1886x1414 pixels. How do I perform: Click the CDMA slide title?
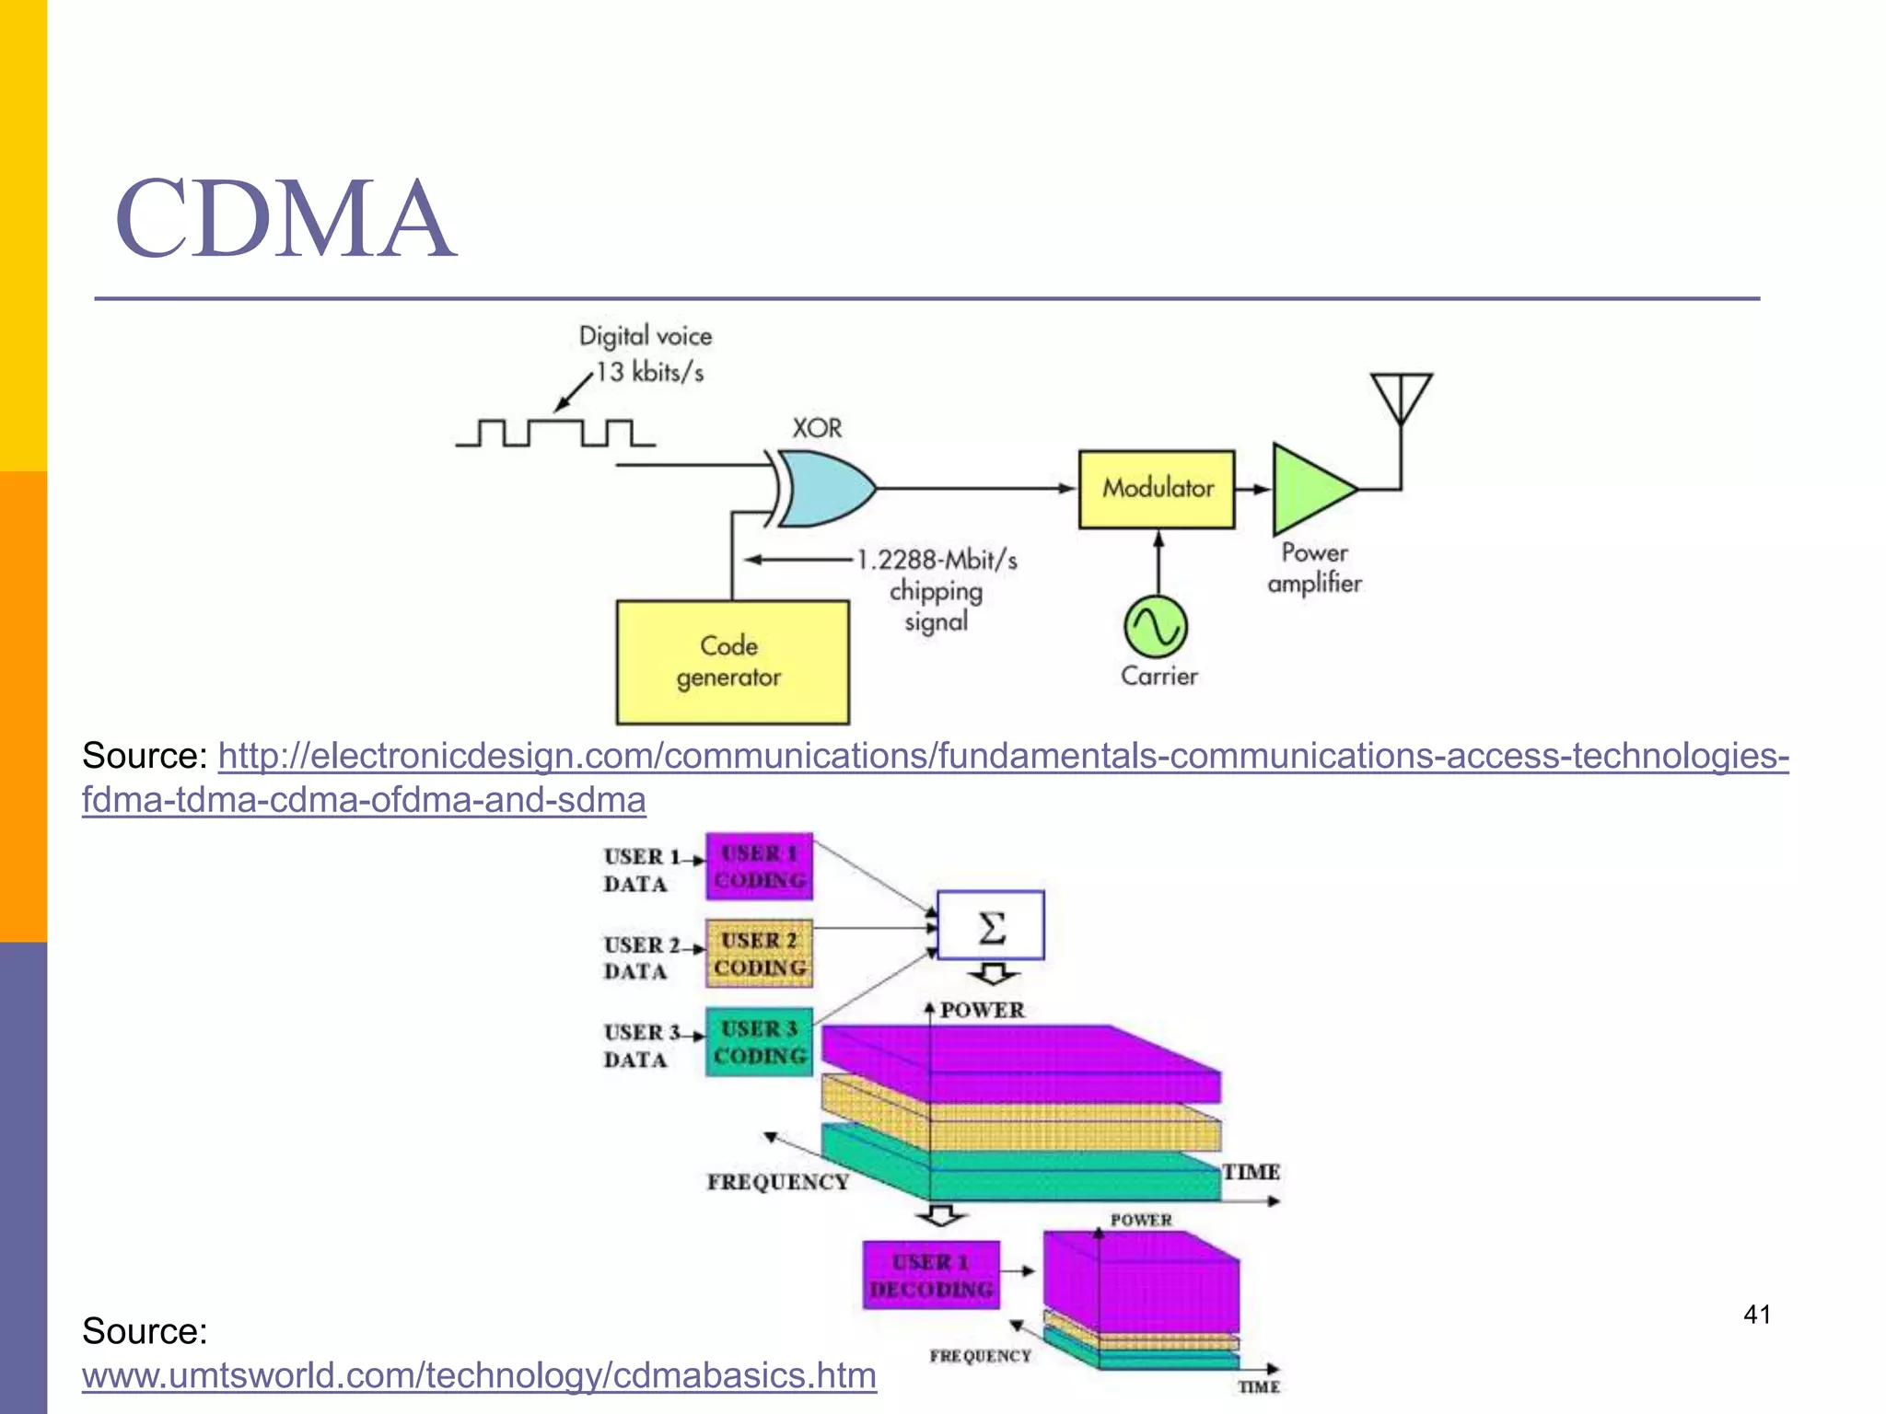(x=285, y=219)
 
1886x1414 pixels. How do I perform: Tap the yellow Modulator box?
(x=1156, y=489)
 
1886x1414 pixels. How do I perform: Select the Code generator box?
(x=732, y=662)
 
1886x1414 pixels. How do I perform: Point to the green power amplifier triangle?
(x=1307, y=489)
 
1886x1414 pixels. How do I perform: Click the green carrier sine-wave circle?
(x=1156, y=627)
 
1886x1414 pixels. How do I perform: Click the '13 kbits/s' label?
(x=649, y=372)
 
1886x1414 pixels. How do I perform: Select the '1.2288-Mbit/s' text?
(x=937, y=560)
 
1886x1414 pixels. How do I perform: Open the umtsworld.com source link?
(x=479, y=1375)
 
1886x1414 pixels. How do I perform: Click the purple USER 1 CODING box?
(x=759, y=866)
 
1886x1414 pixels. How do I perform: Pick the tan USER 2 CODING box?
(x=759, y=954)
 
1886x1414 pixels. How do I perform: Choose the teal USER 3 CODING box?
(x=759, y=1042)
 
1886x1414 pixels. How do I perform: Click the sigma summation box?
(x=990, y=925)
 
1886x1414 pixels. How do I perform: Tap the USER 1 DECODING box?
(x=931, y=1275)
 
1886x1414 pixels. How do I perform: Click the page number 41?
(x=1756, y=1315)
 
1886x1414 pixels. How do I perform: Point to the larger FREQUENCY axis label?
(x=777, y=1182)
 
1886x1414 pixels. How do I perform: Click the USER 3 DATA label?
(x=637, y=1046)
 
